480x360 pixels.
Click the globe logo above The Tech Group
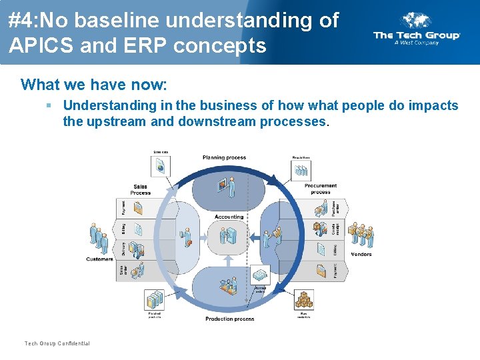click(417, 20)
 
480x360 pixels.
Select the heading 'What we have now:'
click(94, 85)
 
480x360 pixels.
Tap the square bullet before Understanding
click(49, 105)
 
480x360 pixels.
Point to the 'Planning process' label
click(224, 157)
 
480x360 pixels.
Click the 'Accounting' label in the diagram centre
click(229, 217)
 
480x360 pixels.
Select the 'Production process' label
click(229, 319)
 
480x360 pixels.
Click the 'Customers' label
click(99, 259)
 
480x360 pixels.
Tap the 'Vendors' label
click(361, 254)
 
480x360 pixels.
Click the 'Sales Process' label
click(141, 189)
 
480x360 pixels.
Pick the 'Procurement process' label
click(321, 189)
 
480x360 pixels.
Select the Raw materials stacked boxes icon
click(304, 299)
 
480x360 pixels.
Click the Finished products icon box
click(155, 299)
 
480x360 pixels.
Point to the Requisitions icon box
click(301, 169)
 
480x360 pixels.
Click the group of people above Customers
click(99, 237)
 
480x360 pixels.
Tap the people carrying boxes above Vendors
click(361, 234)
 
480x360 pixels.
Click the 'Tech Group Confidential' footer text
click(57, 343)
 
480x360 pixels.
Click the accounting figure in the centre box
click(229, 235)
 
